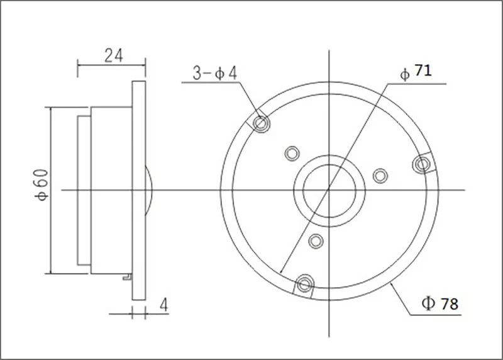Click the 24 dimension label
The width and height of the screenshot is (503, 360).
114,55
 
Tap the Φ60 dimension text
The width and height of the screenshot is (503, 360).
42,185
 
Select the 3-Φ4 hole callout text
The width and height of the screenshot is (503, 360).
214,73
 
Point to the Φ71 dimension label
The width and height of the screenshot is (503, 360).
416,72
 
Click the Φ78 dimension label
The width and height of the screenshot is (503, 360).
440,303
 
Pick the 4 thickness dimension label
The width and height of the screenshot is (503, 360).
163,305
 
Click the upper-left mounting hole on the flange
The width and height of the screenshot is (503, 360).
261,123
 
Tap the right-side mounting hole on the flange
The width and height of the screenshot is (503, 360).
423,164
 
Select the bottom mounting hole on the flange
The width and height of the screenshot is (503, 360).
304,284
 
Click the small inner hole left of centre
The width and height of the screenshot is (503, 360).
292,153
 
